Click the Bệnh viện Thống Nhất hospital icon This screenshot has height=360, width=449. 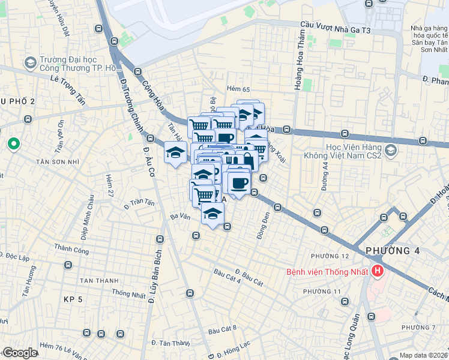tap(378, 272)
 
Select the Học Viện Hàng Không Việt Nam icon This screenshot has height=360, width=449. tap(392, 150)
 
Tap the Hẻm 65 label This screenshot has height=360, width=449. tap(238, 89)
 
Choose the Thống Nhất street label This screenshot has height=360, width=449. tap(128, 294)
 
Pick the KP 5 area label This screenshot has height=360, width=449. tap(73, 298)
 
